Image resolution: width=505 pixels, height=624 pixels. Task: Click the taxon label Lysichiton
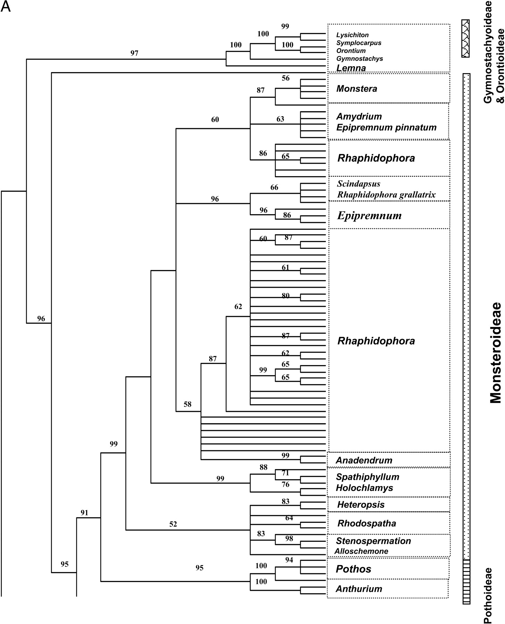click(x=352, y=35)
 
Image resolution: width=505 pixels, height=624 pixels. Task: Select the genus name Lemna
click(x=351, y=68)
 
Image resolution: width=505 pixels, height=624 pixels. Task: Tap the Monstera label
click(x=356, y=89)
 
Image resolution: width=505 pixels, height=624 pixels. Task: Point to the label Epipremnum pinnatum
click(x=386, y=127)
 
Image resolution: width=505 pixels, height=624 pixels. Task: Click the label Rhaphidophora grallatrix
click(x=386, y=194)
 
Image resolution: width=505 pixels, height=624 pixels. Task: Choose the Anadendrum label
click(x=364, y=460)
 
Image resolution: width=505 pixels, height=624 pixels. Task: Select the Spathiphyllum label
click(x=368, y=477)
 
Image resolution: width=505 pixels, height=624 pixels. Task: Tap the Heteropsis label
click(x=360, y=504)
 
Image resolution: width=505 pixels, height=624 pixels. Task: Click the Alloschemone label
click(x=361, y=551)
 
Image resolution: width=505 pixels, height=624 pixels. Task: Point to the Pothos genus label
click(x=353, y=569)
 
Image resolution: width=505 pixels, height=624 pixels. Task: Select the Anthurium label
click(x=359, y=589)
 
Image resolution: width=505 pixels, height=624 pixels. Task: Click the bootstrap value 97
click(x=134, y=53)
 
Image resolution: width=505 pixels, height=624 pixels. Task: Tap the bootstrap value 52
click(x=173, y=524)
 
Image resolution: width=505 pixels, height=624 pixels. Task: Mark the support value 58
click(x=187, y=404)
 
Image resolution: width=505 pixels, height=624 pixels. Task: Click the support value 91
click(x=84, y=513)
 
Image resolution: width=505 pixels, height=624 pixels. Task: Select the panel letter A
click(x=6, y=7)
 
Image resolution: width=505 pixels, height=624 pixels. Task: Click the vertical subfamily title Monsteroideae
click(x=496, y=353)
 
